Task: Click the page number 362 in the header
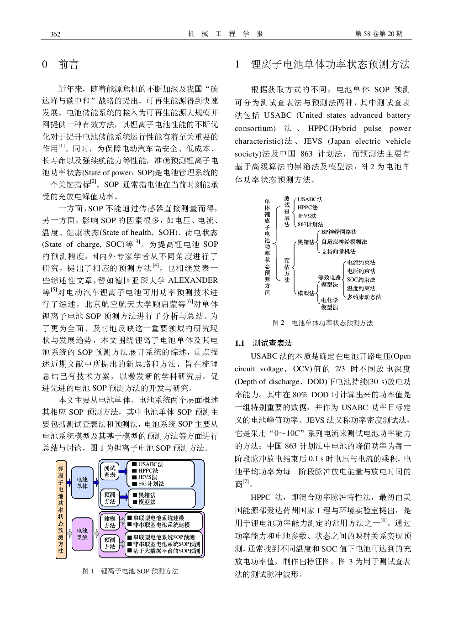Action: point(55,34)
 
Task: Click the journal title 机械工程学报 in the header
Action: point(226,34)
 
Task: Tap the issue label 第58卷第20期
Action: point(379,34)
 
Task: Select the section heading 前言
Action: point(68,64)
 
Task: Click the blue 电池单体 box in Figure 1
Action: point(82,483)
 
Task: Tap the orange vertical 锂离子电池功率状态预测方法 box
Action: point(61,510)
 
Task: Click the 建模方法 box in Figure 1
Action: point(110,522)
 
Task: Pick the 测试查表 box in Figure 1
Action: point(110,472)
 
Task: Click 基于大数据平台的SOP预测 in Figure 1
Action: point(166,551)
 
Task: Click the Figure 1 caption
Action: point(130,571)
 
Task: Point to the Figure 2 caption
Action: point(322,323)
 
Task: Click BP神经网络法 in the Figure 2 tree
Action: point(339,232)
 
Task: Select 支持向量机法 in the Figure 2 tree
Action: point(338,251)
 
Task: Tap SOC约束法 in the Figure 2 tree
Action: point(361,280)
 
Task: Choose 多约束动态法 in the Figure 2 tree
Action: point(364,297)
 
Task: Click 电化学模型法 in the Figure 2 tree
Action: point(329,304)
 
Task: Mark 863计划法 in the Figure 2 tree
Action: point(311,224)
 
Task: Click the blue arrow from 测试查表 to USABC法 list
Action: point(123,472)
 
